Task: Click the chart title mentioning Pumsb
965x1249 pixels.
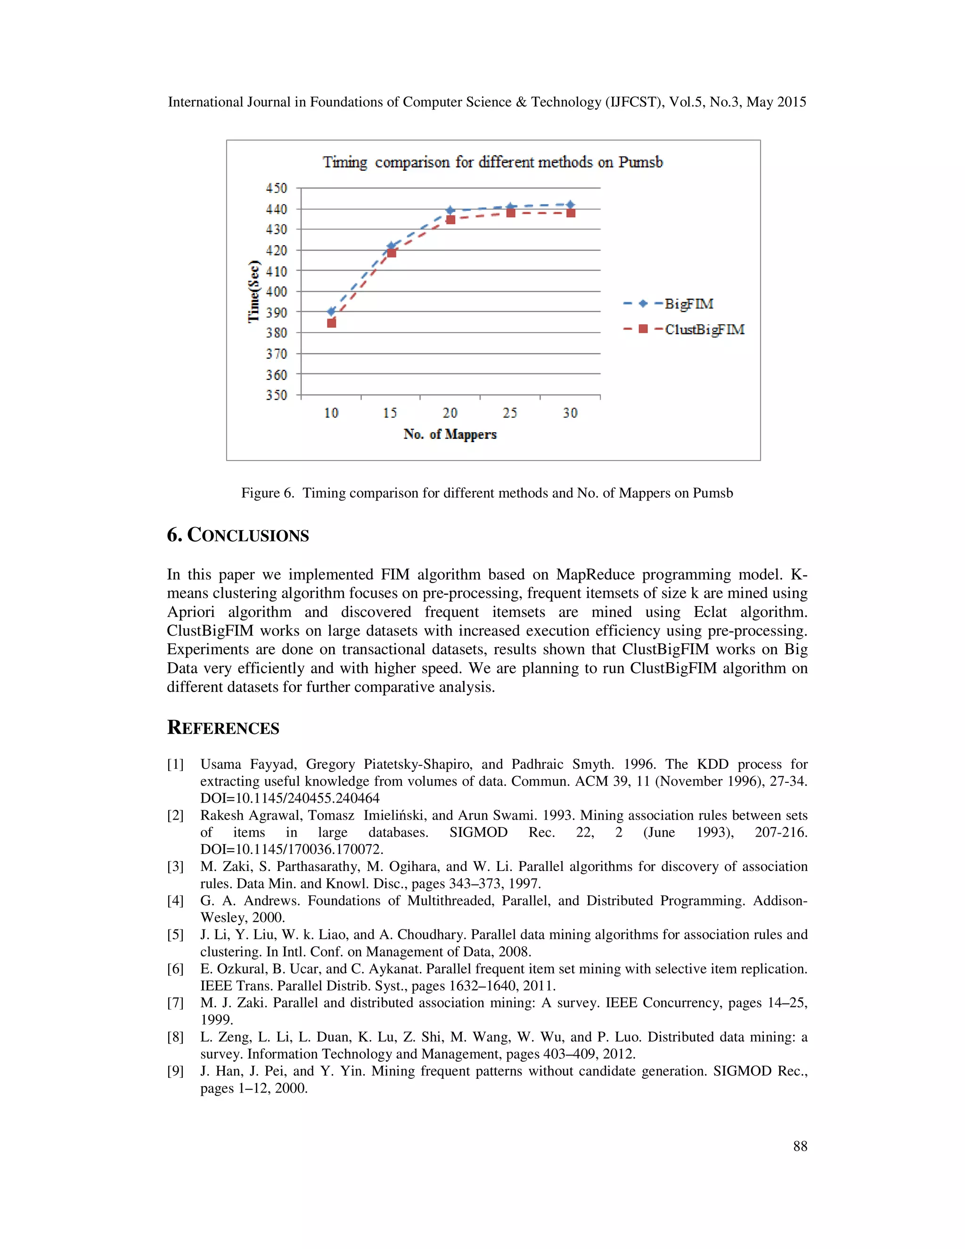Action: (x=492, y=163)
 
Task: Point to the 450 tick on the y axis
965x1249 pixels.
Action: (x=277, y=188)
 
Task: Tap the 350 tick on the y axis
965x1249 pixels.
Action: (x=277, y=395)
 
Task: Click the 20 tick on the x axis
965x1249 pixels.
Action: (x=450, y=413)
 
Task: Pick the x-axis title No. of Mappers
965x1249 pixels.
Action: (x=450, y=434)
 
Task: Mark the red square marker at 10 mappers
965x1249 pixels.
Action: (x=332, y=323)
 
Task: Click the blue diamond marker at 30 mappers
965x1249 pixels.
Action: (x=570, y=204)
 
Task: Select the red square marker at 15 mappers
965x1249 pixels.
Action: (x=392, y=252)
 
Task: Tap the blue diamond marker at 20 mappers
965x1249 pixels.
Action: (x=450, y=211)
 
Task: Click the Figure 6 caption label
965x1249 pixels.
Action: (x=267, y=493)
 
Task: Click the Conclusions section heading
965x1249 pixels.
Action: (x=238, y=535)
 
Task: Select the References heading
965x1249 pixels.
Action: (x=223, y=728)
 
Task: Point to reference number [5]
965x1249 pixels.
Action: (x=175, y=935)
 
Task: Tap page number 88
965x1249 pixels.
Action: (x=800, y=1146)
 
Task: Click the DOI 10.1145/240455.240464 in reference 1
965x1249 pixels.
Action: (x=290, y=798)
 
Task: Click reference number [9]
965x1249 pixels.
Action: (x=175, y=1071)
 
